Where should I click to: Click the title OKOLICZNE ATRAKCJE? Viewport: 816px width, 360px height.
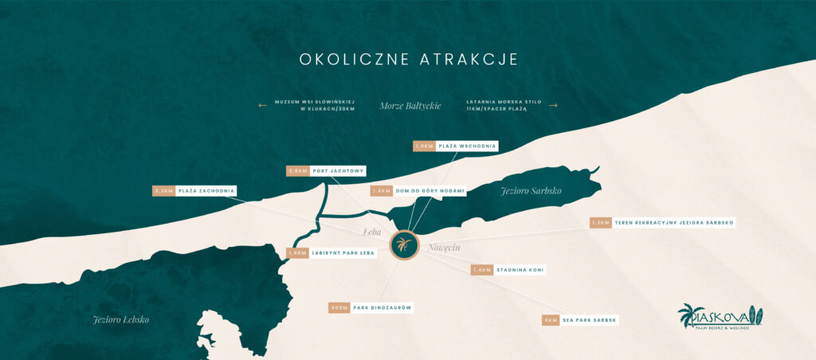(x=408, y=60)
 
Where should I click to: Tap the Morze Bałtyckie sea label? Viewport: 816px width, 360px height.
(x=410, y=106)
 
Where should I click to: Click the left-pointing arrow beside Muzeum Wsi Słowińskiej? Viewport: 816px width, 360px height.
(x=262, y=105)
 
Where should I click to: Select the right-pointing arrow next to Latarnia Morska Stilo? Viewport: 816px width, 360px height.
(x=554, y=105)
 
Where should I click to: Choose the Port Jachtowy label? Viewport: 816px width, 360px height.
(x=338, y=170)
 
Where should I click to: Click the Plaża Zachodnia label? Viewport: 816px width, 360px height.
(x=206, y=191)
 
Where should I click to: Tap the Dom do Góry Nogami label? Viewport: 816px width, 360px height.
(x=429, y=191)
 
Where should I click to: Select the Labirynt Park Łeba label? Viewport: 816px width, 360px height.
(x=343, y=253)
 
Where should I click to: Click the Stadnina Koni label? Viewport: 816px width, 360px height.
(x=520, y=270)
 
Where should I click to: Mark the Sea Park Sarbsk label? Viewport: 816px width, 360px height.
(x=589, y=320)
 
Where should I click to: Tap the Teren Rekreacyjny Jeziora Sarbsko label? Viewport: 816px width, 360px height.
(x=673, y=223)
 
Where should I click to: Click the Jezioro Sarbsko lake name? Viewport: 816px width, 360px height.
(x=531, y=191)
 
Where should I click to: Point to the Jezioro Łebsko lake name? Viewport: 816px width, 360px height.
(x=121, y=319)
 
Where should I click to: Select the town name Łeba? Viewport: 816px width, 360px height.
(x=371, y=233)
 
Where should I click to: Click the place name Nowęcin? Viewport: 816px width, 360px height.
(x=445, y=248)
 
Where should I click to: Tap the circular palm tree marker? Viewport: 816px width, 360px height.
(x=405, y=245)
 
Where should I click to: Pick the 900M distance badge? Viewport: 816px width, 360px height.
(x=339, y=307)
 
